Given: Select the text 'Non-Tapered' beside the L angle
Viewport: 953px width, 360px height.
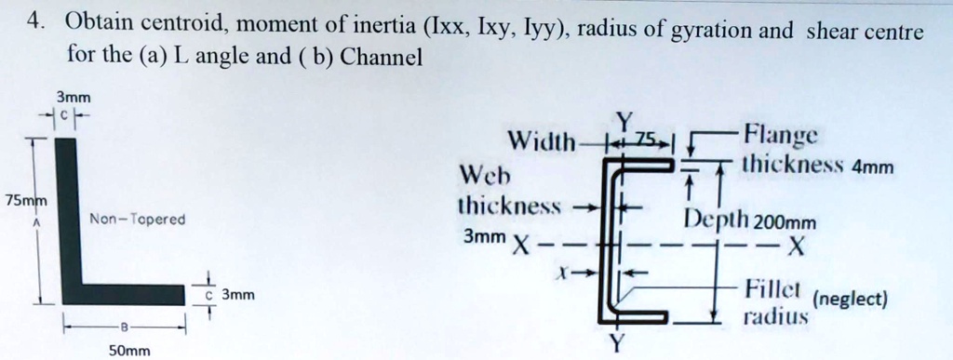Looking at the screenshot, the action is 138,220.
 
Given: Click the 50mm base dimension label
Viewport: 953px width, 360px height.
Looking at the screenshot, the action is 129,351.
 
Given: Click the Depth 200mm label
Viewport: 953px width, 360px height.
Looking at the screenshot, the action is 749,221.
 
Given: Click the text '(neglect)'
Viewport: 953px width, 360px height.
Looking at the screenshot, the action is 851,300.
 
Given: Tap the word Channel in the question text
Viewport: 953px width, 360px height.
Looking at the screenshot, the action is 382,58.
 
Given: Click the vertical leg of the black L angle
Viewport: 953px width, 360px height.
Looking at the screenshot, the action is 67,214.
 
